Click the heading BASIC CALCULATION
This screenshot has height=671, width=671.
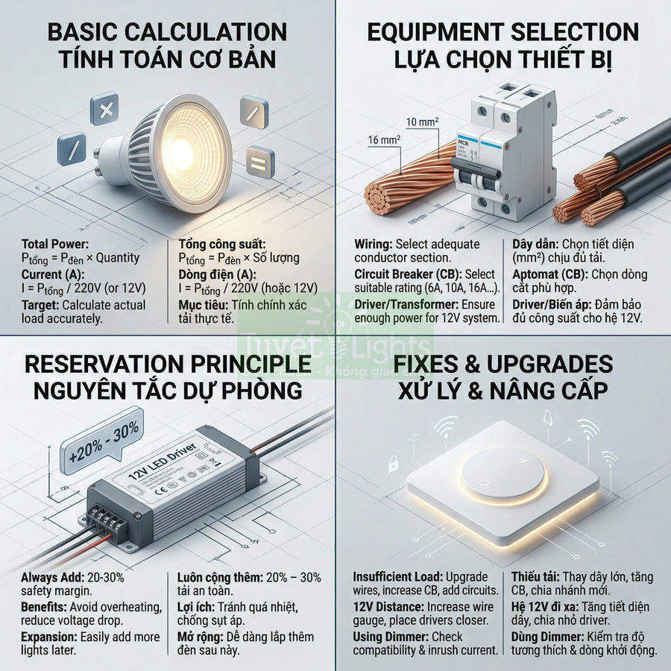click(x=167, y=32)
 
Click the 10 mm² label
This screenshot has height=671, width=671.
click(x=423, y=121)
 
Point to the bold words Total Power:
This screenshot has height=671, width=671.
click(x=55, y=244)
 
